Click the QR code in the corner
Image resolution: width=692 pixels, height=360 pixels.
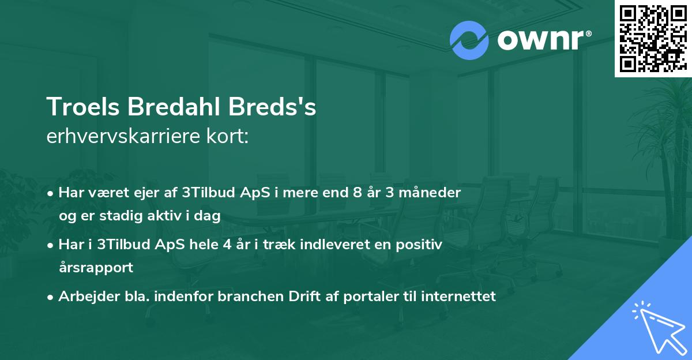(653, 38)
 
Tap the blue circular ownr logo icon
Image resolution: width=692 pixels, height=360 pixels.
(469, 40)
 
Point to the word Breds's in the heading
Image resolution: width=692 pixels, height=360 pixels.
(279, 107)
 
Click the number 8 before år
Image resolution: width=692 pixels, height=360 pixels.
(358, 193)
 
